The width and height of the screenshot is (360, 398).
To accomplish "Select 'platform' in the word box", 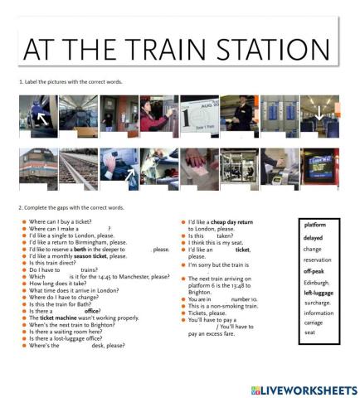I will pyautogui.click(x=315, y=225).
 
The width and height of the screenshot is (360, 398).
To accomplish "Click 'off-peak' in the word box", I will pyautogui.click(x=314, y=271).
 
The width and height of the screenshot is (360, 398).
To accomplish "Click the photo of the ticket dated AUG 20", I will pyautogui.click(x=199, y=114).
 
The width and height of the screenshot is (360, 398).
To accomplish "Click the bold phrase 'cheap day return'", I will pyautogui.click(x=231, y=222).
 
